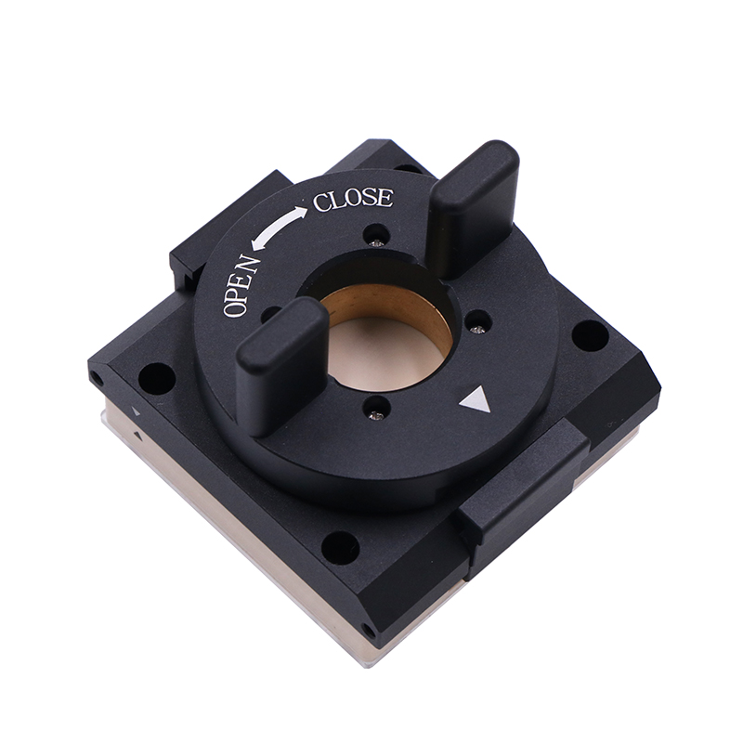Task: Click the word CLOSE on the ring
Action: [x=353, y=200]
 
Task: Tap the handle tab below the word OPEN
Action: [x=281, y=366]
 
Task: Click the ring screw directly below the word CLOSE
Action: [x=376, y=242]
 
